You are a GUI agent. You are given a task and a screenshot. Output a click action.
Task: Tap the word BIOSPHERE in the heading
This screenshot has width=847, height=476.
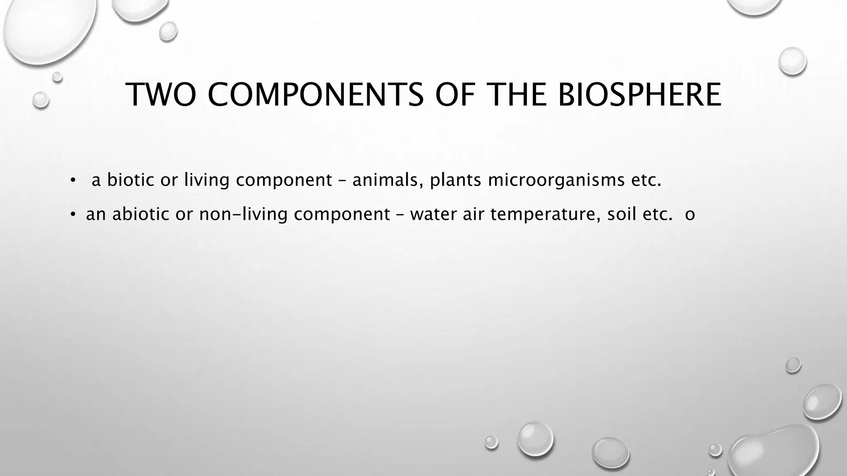click(x=639, y=95)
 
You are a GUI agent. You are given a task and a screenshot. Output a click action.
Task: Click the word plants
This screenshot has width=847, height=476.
click(x=455, y=180)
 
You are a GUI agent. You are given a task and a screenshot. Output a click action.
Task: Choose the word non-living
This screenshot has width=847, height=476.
click(x=243, y=214)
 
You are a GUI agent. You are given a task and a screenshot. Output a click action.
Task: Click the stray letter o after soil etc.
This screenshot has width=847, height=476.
click(x=690, y=215)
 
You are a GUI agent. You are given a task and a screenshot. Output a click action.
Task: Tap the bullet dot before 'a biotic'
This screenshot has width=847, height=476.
click(x=73, y=180)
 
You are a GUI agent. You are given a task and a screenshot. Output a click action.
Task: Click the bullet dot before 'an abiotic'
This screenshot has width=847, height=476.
click(x=73, y=214)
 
